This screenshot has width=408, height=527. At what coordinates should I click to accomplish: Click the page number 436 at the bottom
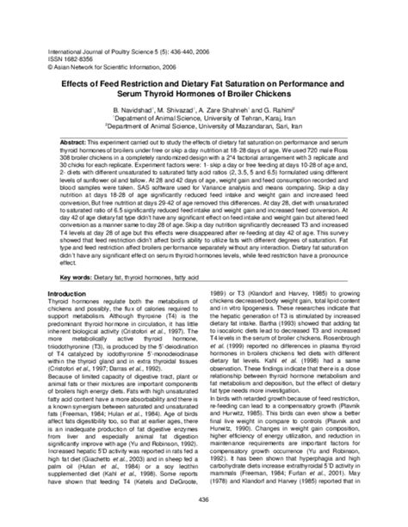coord(204,503)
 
